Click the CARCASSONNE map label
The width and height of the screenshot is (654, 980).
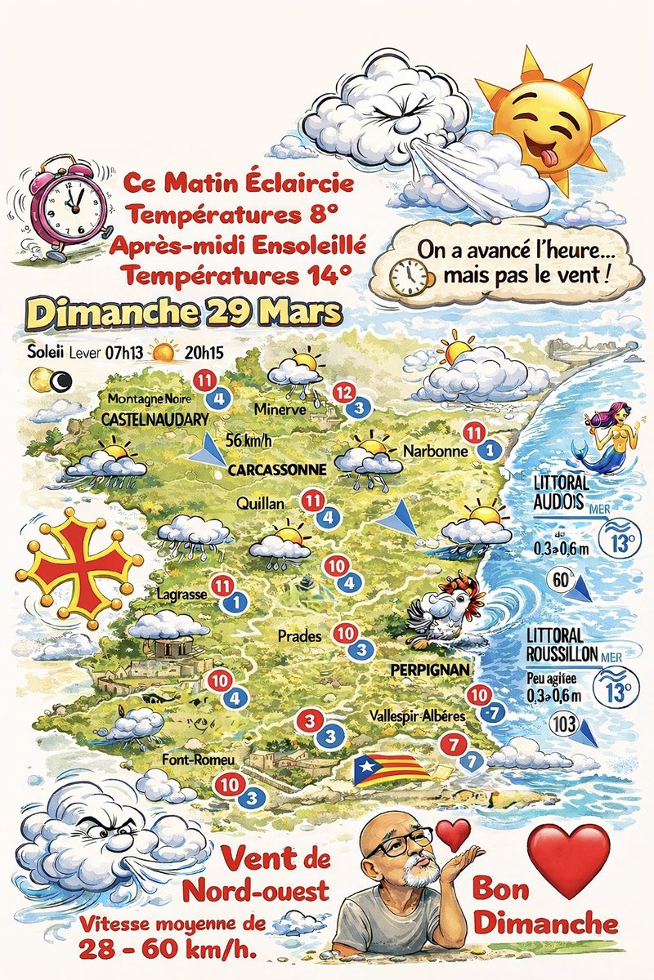[x=277, y=470]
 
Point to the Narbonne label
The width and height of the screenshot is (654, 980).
[x=435, y=451]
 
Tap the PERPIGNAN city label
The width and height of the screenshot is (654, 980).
[x=429, y=670]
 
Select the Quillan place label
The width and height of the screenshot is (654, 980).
[x=260, y=504]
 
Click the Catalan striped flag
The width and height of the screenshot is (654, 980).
[x=392, y=769]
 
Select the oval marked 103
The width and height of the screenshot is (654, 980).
[x=564, y=724]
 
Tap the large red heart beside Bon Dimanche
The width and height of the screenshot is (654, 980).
[x=569, y=857]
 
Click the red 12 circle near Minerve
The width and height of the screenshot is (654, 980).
[x=343, y=392]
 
